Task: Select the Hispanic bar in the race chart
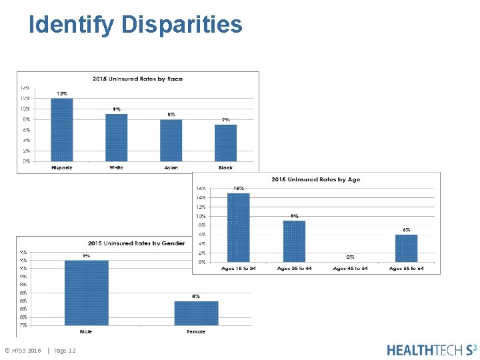click(62, 129)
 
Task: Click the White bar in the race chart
click(117, 137)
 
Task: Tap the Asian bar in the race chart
click(171, 140)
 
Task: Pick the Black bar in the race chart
click(225, 143)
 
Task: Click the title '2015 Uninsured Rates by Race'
click(137, 79)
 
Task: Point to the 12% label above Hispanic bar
click(62, 93)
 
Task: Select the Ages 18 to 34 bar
click(238, 227)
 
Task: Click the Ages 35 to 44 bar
click(294, 241)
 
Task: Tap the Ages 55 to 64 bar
click(406, 248)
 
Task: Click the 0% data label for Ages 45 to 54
click(350, 257)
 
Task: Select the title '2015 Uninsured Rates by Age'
click(316, 179)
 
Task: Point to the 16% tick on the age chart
click(201, 189)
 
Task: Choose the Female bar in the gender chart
click(196, 313)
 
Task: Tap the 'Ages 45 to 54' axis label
click(350, 268)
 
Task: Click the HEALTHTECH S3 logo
click(431, 349)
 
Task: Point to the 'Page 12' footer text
click(65, 351)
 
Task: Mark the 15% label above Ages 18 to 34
click(238, 189)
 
